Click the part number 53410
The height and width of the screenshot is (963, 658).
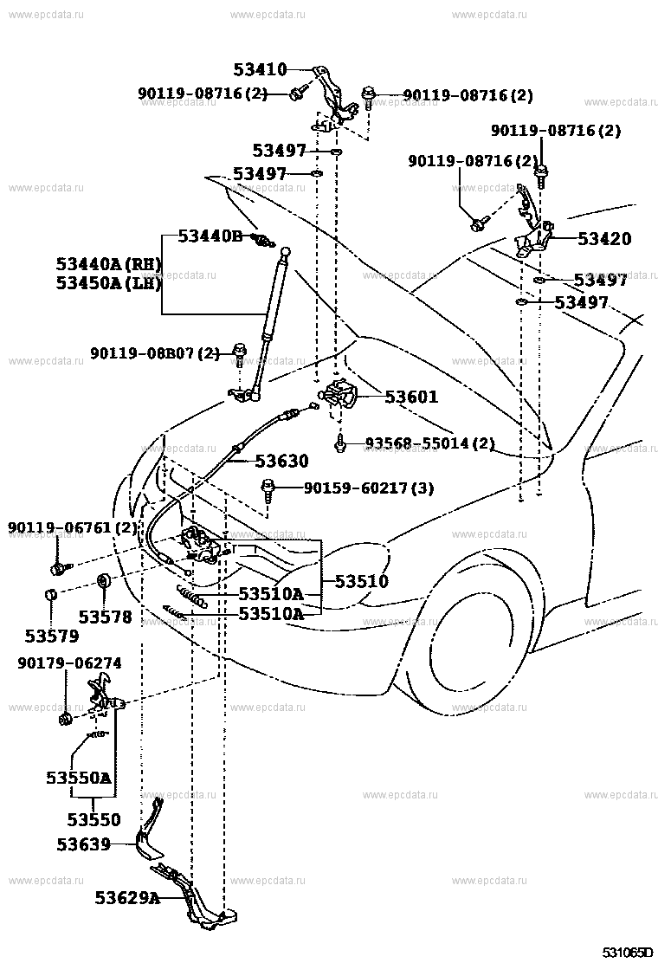(x=260, y=70)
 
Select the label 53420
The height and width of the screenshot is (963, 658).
(x=604, y=239)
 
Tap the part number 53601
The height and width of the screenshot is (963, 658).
(x=411, y=397)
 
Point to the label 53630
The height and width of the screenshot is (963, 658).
(x=281, y=462)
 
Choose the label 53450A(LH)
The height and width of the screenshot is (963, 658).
(x=108, y=282)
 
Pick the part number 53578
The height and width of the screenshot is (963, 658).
(x=105, y=617)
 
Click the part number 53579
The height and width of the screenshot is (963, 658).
(x=51, y=636)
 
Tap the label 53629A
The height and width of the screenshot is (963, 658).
(x=127, y=898)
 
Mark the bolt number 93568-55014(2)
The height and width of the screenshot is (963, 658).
(x=429, y=443)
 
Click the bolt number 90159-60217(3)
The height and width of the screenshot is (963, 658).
(x=369, y=488)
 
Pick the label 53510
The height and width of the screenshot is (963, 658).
(x=363, y=581)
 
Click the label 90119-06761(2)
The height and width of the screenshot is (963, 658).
(x=73, y=527)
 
